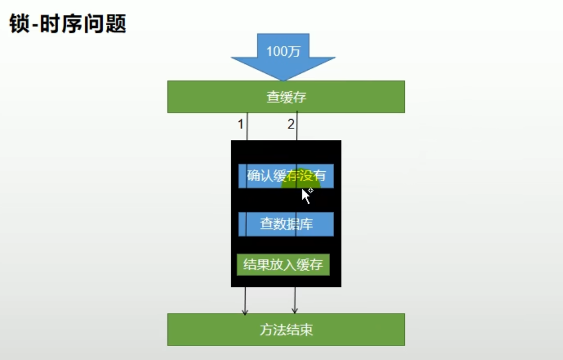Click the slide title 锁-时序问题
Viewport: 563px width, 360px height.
(x=68, y=24)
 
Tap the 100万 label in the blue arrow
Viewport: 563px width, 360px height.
(x=283, y=51)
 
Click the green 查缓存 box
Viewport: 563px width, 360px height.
(x=286, y=97)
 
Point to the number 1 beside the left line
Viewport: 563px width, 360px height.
(x=240, y=124)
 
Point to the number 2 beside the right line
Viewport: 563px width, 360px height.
(x=291, y=124)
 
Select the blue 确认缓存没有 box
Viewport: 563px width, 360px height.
(x=286, y=176)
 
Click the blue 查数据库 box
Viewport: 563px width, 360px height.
(x=286, y=224)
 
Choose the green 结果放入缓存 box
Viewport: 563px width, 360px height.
(x=284, y=265)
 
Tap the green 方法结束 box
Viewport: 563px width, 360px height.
(x=286, y=330)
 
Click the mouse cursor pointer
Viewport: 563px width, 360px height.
(x=306, y=195)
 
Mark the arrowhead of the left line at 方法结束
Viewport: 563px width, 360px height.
(x=245, y=312)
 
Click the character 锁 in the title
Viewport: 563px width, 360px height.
(x=19, y=24)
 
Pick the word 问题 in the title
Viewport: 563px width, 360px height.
(x=106, y=24)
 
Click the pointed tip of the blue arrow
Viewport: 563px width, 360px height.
(x=283, y=80)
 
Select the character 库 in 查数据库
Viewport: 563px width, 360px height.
(x=306, y=224)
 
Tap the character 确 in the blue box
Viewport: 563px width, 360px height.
(x=254, y=176)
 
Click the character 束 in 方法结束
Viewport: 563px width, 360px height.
(x=306, y=330)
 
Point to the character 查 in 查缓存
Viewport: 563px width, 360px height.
(x=273, y=97)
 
